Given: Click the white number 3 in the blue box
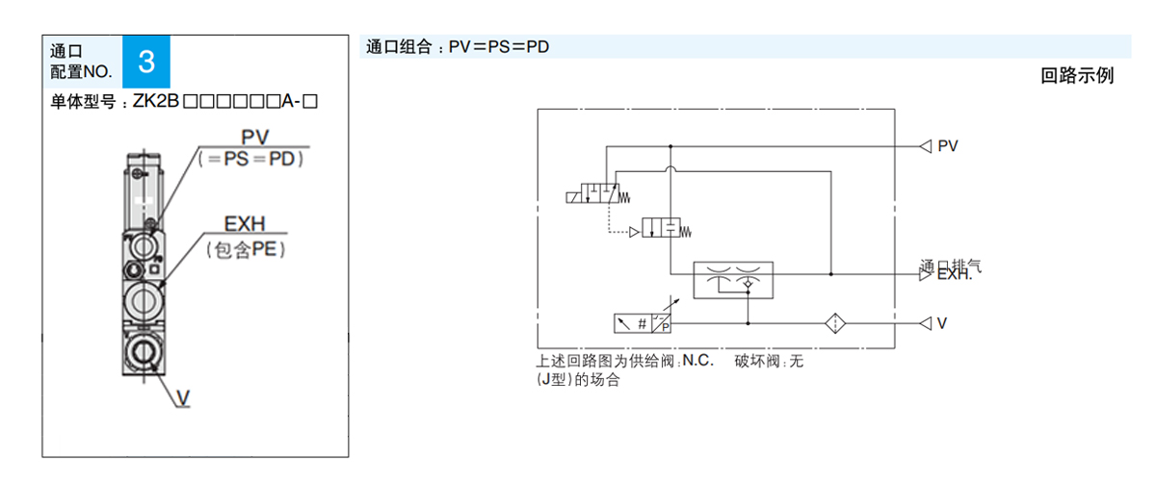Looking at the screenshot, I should coord(146,63).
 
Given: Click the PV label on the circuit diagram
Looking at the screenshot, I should coord(948,146).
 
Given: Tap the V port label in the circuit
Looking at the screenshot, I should coord(943,323).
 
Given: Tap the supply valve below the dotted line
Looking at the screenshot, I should coord(662,230).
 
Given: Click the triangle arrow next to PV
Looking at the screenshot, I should coord(925,146).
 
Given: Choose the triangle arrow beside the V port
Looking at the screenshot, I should coord(925,323).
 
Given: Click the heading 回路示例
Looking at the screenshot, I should coord(1077,76).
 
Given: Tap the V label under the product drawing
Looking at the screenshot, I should coord(183,397).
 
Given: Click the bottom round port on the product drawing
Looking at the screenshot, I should coord(144,349).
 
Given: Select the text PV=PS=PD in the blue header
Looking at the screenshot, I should coord(499,46).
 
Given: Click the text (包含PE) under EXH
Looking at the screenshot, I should coord(247,249).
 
